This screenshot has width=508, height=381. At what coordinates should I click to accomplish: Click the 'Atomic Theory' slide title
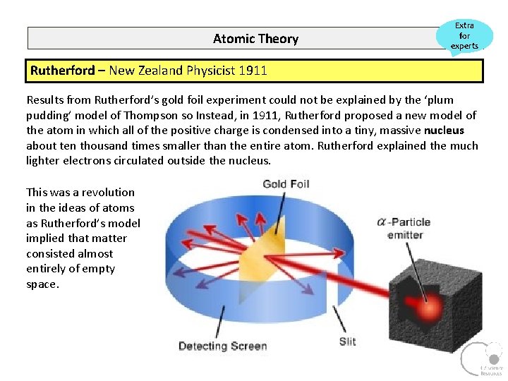click(x=255, y=39)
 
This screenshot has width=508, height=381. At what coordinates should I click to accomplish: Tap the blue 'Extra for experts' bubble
click(x=464, y=36)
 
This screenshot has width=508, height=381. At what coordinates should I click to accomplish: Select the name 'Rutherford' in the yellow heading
click(x=62, y=71)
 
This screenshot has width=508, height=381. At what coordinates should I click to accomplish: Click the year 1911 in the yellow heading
click(x=253, y=71)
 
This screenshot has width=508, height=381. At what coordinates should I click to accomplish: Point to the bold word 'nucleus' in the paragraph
click(x=444, y=131)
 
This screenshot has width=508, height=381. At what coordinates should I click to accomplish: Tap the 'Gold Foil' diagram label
click(x=286, y=184)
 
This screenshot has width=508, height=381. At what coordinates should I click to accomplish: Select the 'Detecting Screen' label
click(x=222, y=346)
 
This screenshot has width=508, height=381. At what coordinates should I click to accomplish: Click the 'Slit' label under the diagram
click(x=347, y=341)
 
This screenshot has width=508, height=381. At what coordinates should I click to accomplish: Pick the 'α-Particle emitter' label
click(x=404, y=227)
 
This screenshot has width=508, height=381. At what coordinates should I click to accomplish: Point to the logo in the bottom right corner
click(x=482, y=358)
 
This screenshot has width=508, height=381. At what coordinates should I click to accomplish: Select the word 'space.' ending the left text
click(x=43, y=284)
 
